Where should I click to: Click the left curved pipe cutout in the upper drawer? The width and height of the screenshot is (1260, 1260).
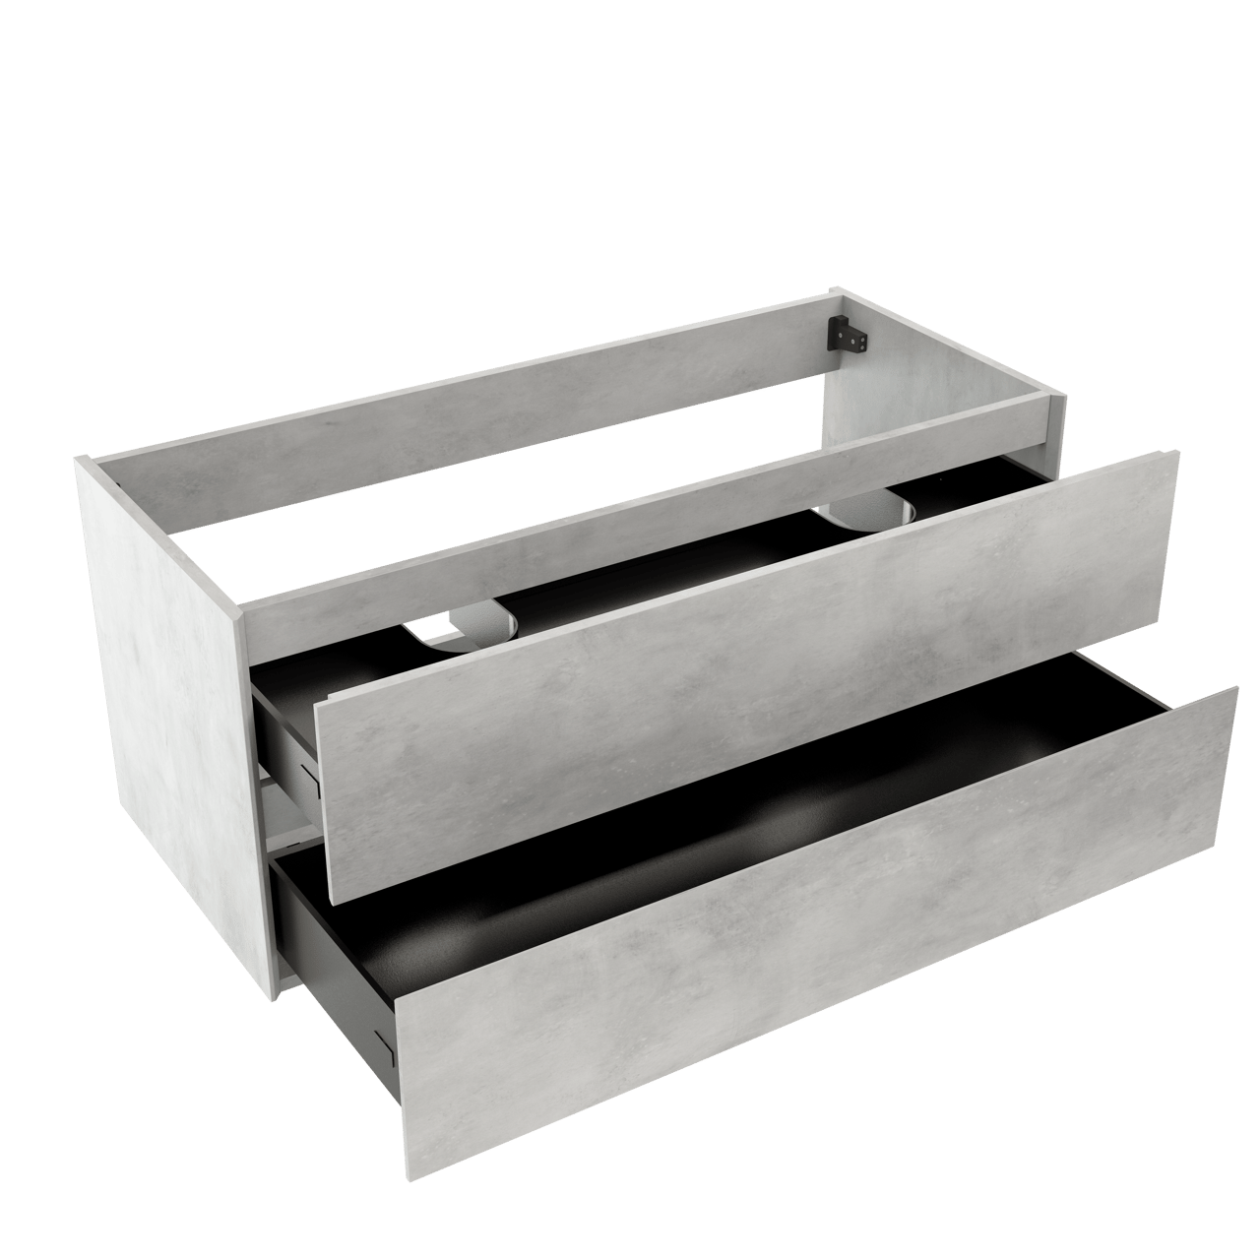coord(482,624)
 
